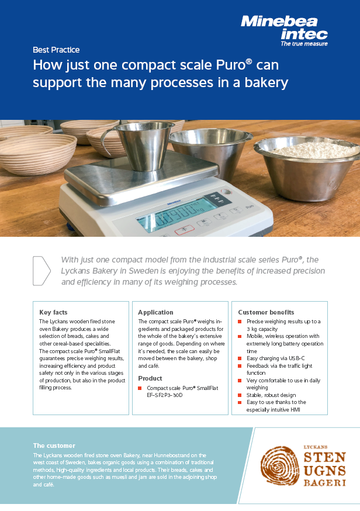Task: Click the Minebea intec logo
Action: (x=284, y=30)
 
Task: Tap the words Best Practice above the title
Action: (x=56, y=50)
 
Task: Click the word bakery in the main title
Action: (x=266, y=83)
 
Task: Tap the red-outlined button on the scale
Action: (x=185, y=230)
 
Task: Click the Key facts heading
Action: (x=53, y=312)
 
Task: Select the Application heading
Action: (x=155, y=312)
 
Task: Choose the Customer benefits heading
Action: (x=266, y=312)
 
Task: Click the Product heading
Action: (x=150, y=378)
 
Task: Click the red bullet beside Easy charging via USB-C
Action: (x=240, y=358)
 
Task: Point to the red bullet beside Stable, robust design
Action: (x=240, y=395)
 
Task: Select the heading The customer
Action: (x=54, y=446)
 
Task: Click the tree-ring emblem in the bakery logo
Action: (x=280, y=466)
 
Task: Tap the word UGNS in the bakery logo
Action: (x=324, y=471)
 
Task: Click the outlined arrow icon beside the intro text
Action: (x=41, y=271)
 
